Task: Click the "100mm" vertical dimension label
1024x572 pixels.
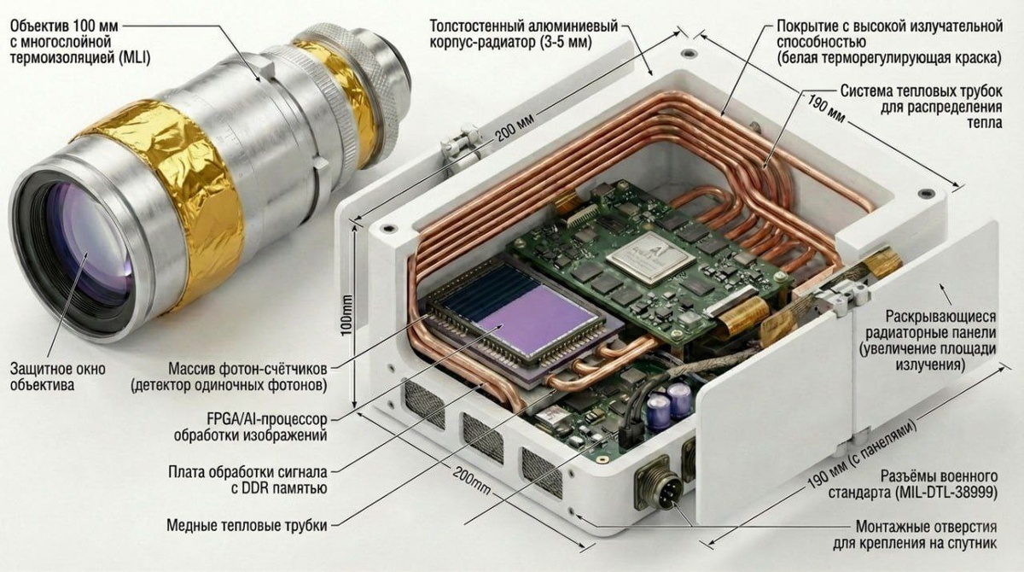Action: pyautogui.click(x=347, y=316)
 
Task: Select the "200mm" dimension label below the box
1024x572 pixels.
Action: pyautogui.click(x=472, y=481)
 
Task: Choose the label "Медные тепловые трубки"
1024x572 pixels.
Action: pyautogui.click(x=247, y=525)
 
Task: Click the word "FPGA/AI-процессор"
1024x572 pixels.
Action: pyautogui.click(x=266, y=418)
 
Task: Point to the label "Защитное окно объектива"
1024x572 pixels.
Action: pyautogui.click(x=58, y=376)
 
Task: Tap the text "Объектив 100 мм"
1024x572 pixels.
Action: pyautogui.click(x=64, y=26)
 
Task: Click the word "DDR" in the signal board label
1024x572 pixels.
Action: pyautogui.click(x=255, y=488)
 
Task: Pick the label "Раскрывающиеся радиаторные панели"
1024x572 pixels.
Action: pyautogui.click(x=940, y=324)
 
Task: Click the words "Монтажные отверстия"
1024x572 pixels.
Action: pyautogui.click(x=926, y=527)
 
